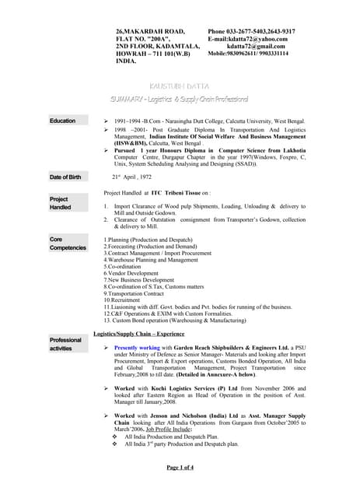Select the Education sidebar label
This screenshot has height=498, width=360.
tap(63, 121)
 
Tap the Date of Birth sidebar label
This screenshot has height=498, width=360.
tap(65, 177)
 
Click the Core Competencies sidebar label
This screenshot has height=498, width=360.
tap(68, 244)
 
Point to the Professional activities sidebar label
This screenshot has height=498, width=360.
tap(65, 344)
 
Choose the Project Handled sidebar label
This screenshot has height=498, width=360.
tap(61, 203)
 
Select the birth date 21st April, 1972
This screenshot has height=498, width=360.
tap(131, 177)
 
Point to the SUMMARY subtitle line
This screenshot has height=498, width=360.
tap(180, 100)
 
